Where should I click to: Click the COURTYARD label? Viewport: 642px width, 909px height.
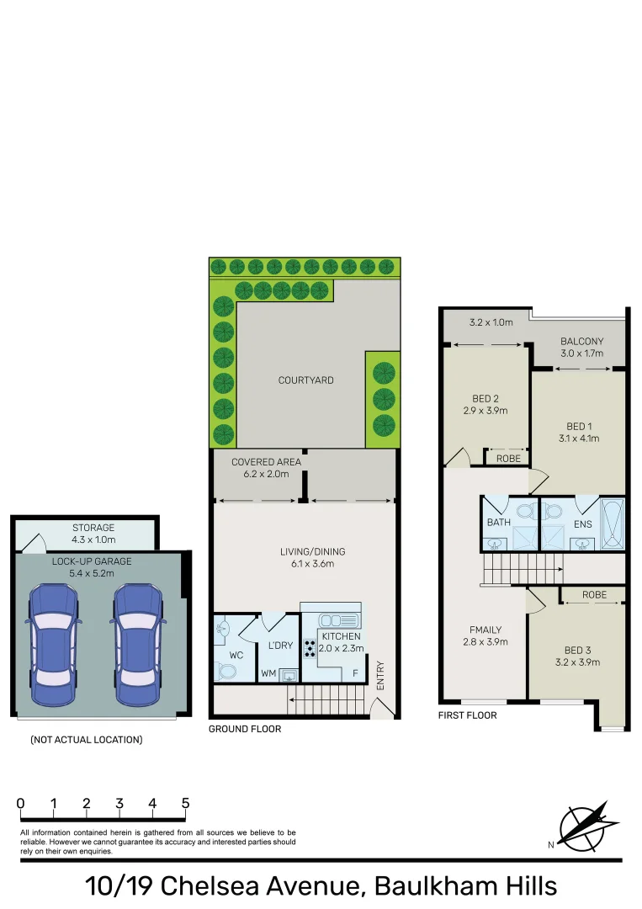coord(305,380)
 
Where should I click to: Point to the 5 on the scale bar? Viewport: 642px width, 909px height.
coord(185,803)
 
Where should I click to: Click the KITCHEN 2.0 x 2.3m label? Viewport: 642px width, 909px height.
coord(341,642)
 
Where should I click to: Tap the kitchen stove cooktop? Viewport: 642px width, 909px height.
coord(309,648)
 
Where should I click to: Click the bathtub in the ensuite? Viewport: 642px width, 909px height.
coord(612,523)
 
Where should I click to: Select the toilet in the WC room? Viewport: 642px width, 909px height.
coord(225,669)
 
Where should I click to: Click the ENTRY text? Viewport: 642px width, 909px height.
coord(380,675)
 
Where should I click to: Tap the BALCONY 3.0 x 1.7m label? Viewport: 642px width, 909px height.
coord(581,348)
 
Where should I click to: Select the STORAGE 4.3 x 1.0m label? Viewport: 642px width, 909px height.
coord(93,534)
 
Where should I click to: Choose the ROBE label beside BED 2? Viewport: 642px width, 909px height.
coord(508,459)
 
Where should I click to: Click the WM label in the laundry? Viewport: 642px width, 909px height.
coord(268,672)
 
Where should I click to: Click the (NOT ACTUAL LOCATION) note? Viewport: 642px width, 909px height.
coord(86,740)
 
